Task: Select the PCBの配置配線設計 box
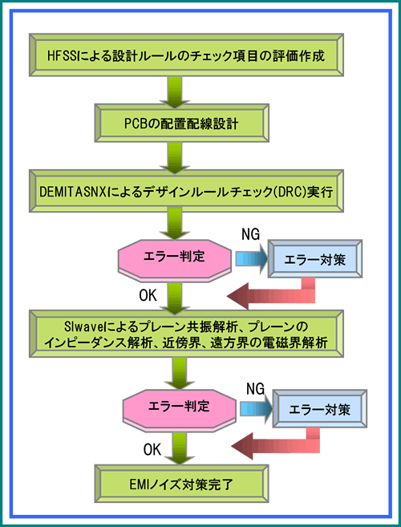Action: (180, 123)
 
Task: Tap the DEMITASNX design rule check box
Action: (186, 192)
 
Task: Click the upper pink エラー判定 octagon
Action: (175, 259)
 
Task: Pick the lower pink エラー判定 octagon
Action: (179, 407)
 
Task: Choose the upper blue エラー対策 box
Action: (314, 259)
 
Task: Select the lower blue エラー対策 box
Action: (320, 409)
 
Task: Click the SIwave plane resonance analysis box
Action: (186, 334)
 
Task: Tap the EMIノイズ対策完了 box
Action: (181, 484)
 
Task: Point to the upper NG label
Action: (251, 234)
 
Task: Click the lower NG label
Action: (256, 388)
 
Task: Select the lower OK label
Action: (152, 449)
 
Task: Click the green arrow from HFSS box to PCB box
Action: (174, 91)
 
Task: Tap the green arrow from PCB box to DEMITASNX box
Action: (174, 157)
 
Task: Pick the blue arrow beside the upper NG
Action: (252, 259)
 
